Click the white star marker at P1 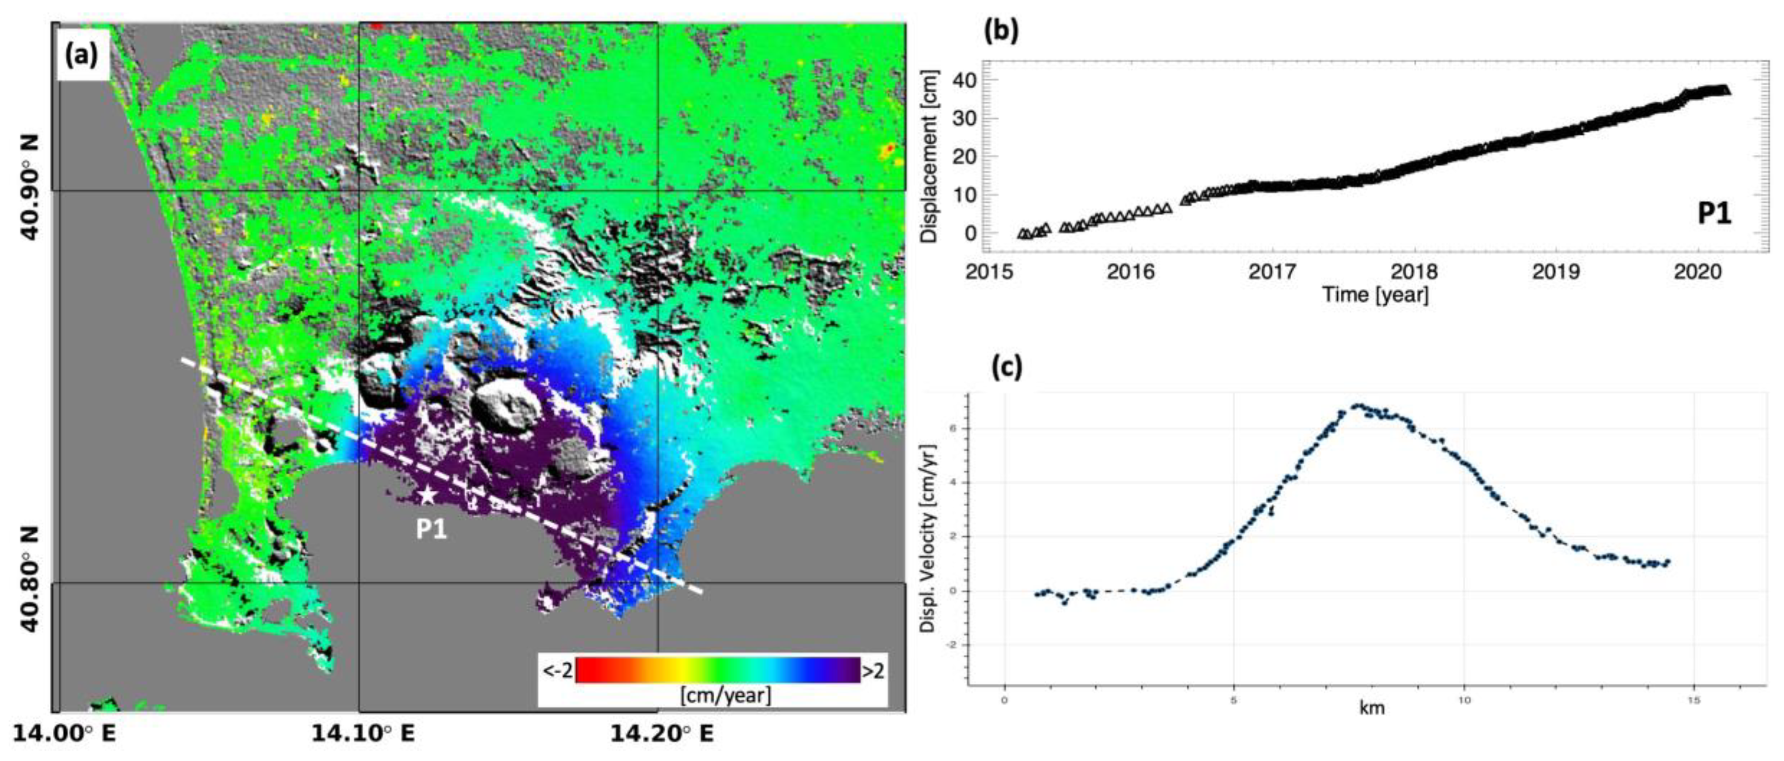click(427, 495)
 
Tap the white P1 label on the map click(431, 530)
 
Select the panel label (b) click(1001, 31)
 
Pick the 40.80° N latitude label click(30, 582)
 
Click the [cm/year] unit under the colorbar click(725, 694)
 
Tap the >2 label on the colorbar click(873, 670)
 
